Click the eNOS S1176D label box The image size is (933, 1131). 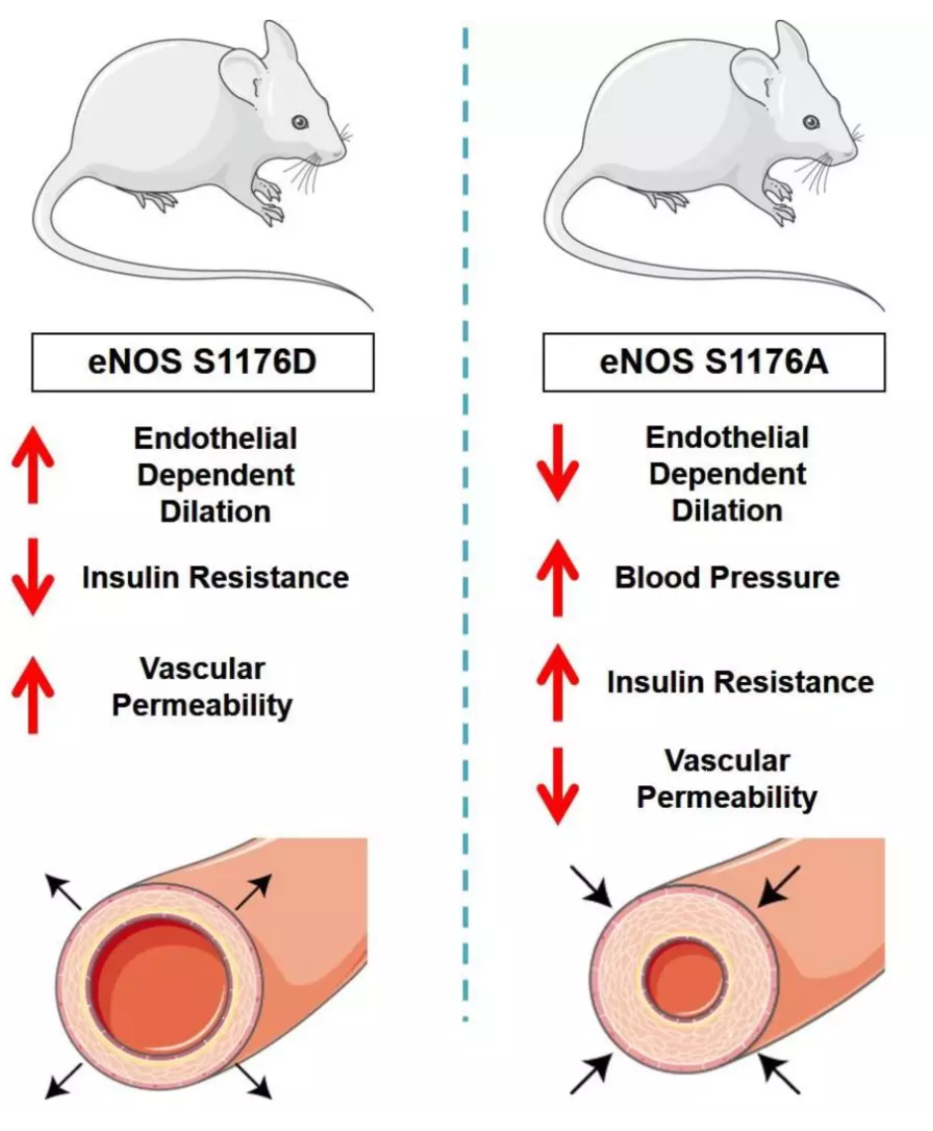click(203, 362)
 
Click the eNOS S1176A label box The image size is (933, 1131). click(714, 362)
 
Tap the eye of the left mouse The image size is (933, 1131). click(300, 122)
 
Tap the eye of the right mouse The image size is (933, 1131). click(812, 122)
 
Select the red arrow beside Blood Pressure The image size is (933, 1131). click(557, 577)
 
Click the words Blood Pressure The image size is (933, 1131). click(728, 578)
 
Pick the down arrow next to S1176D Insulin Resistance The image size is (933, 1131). click(33, 577)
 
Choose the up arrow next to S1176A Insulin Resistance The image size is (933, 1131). click(557, 682)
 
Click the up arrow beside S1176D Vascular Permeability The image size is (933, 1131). click(33, 694)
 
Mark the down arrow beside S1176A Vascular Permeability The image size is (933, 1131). click(557, 786)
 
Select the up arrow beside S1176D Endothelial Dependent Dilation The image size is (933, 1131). click(33, 463)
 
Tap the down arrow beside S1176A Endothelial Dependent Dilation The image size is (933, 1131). click(557, 463)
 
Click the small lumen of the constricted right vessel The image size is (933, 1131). click(685, 976)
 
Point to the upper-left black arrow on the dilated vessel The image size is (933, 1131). click(63, 892)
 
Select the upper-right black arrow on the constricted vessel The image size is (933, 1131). click(778, 886)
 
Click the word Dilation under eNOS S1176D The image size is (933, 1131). click(215, 511)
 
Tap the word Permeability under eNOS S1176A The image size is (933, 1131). click(727, 797)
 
